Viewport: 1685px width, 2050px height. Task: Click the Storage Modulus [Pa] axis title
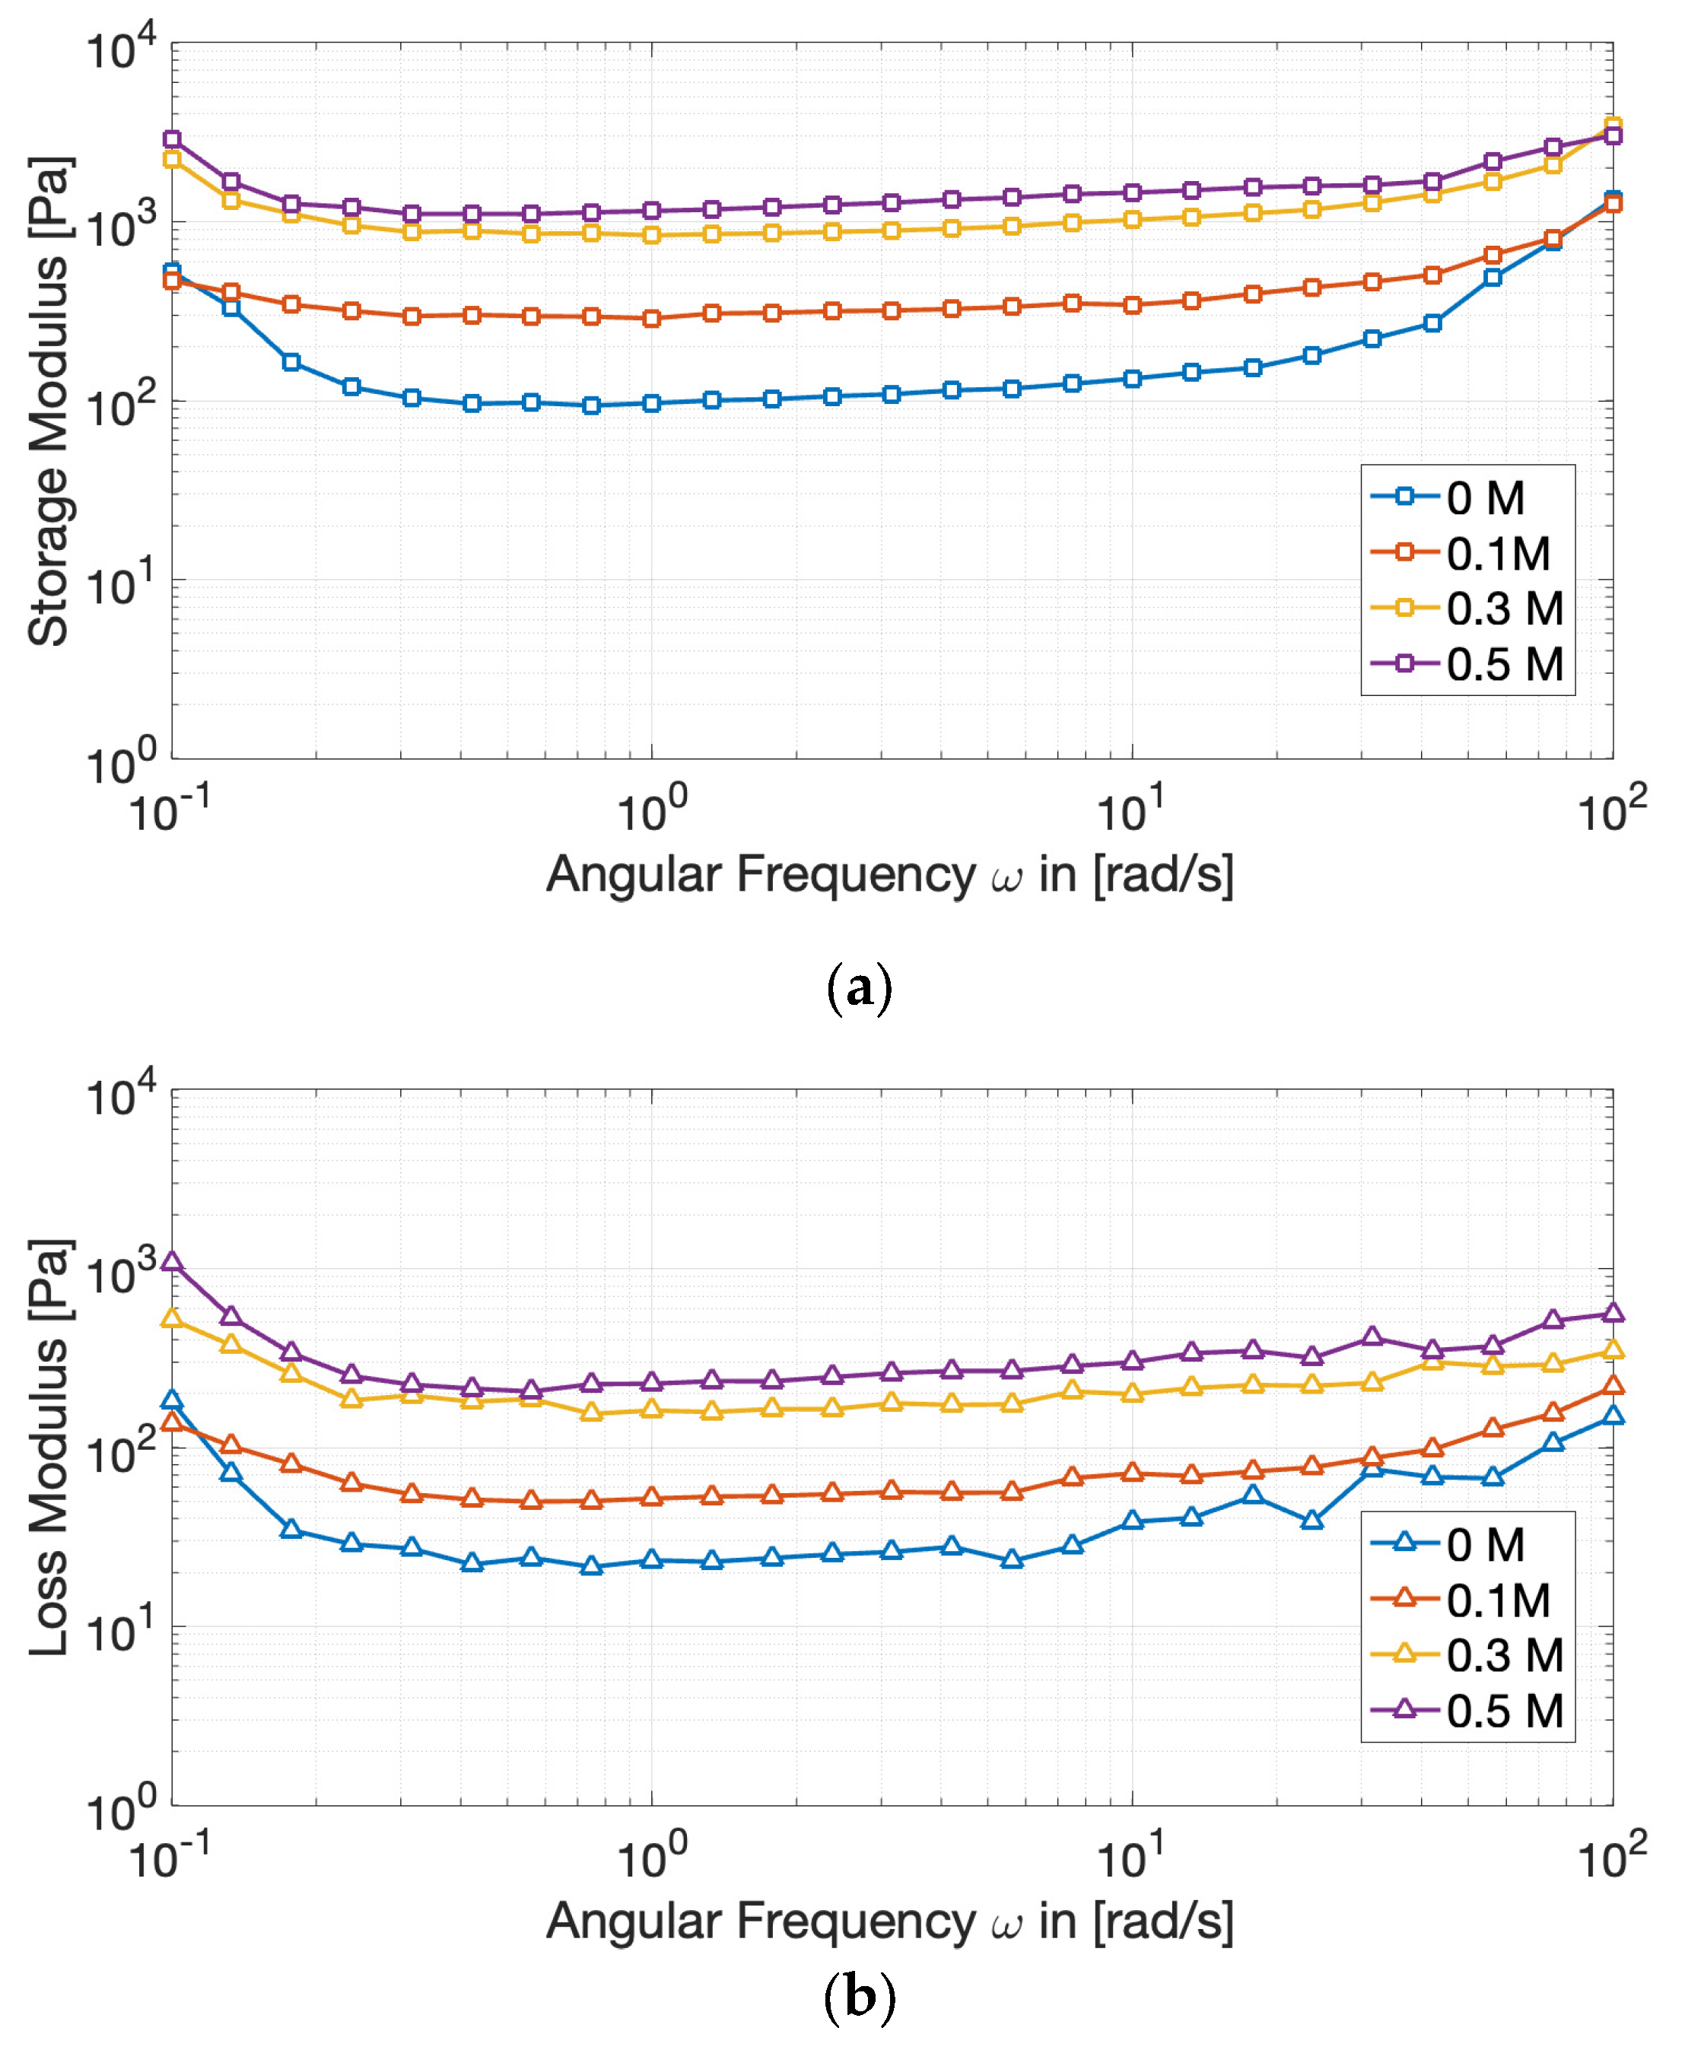point(49,401)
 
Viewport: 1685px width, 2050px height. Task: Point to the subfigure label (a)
point(858,988)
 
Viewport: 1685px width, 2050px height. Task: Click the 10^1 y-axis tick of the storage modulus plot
point(120,583)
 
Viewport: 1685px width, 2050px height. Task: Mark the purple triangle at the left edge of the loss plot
point(172,1262)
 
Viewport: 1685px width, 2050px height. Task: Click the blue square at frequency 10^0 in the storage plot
point(651,403)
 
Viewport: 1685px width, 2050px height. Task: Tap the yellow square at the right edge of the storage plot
point(1612,126)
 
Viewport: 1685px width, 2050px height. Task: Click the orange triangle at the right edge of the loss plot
point(1612,1386)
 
